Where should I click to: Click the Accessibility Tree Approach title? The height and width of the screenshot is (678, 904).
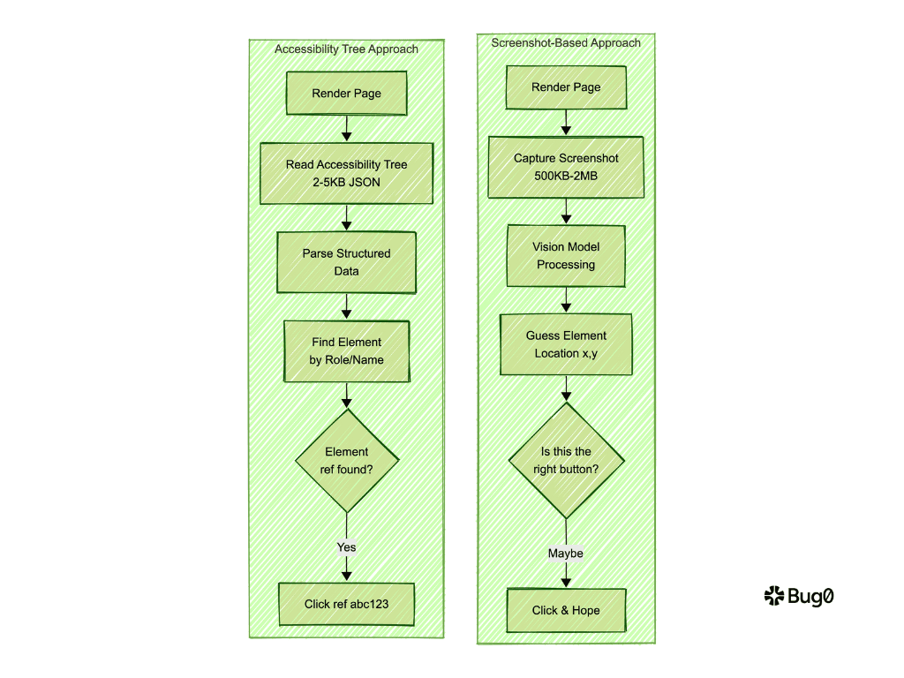tap(346, 49)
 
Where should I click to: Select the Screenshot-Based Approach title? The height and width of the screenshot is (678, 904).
tap(566, 42)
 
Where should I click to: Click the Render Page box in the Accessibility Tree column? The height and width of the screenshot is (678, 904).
tap(346, 94)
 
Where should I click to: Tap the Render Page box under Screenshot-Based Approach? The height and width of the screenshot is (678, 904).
tap(566, 87)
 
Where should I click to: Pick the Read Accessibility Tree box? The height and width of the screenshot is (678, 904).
tap(346, 173)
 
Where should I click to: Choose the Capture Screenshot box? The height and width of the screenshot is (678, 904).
tap(566, 167)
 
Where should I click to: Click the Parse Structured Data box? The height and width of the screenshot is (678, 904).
tap(346, 262)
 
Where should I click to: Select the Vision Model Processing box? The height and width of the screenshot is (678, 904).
tap(566, 255)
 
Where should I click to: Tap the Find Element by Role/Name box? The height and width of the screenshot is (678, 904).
tap(346, 350)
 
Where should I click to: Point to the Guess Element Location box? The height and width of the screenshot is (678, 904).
tap(566, 344)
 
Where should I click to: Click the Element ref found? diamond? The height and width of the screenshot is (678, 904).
tap(346, 460)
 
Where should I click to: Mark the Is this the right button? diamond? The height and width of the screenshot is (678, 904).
tap(566, 460)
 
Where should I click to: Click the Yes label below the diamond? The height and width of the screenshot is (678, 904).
tap(346, 547)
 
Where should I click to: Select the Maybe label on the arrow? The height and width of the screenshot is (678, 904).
tap(566, 554)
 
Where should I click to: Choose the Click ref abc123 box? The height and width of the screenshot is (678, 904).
tap(346, 604)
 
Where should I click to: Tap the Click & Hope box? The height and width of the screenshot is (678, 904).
tap(566, 610)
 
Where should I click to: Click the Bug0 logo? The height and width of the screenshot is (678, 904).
tap(799, 597)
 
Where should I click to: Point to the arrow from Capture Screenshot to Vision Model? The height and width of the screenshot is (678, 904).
tap(566, 210)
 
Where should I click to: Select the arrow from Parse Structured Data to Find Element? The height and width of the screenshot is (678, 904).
tap(346, 306)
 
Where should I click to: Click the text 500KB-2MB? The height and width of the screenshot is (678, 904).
tap(566, 176)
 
